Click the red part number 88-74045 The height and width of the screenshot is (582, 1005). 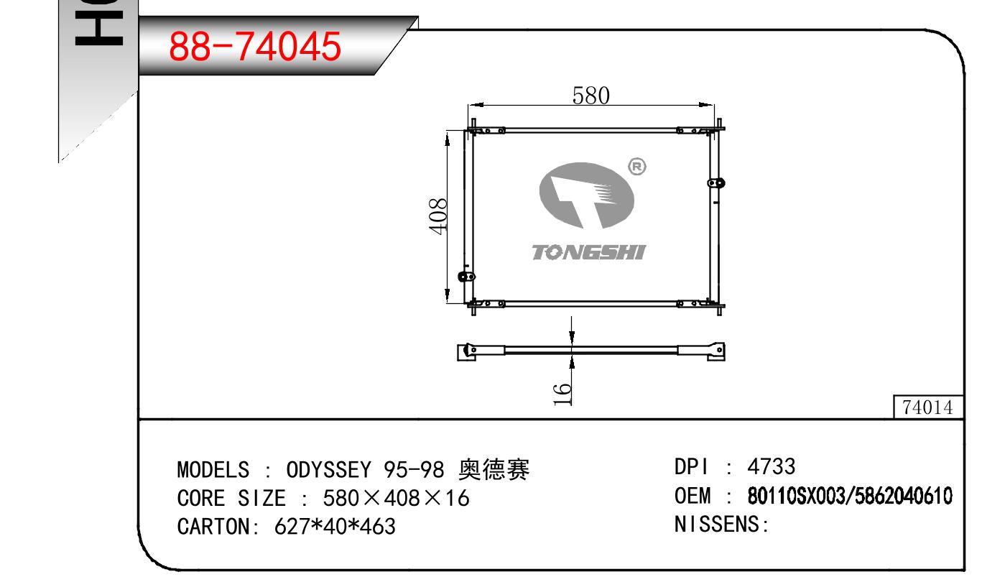click(255, 46)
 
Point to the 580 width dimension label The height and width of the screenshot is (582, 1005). click(591, 96)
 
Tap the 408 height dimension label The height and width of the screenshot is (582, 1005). click(438, 216)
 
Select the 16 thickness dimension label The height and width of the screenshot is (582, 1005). click(562, 394)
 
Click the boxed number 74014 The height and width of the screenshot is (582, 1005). click(927, 407)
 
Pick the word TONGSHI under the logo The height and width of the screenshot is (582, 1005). click(589, 252)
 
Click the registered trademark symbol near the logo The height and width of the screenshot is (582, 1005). click(637, 167)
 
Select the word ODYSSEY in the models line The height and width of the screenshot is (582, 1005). click(329, 470)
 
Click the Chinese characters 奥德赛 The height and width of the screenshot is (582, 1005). click(494, 470)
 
